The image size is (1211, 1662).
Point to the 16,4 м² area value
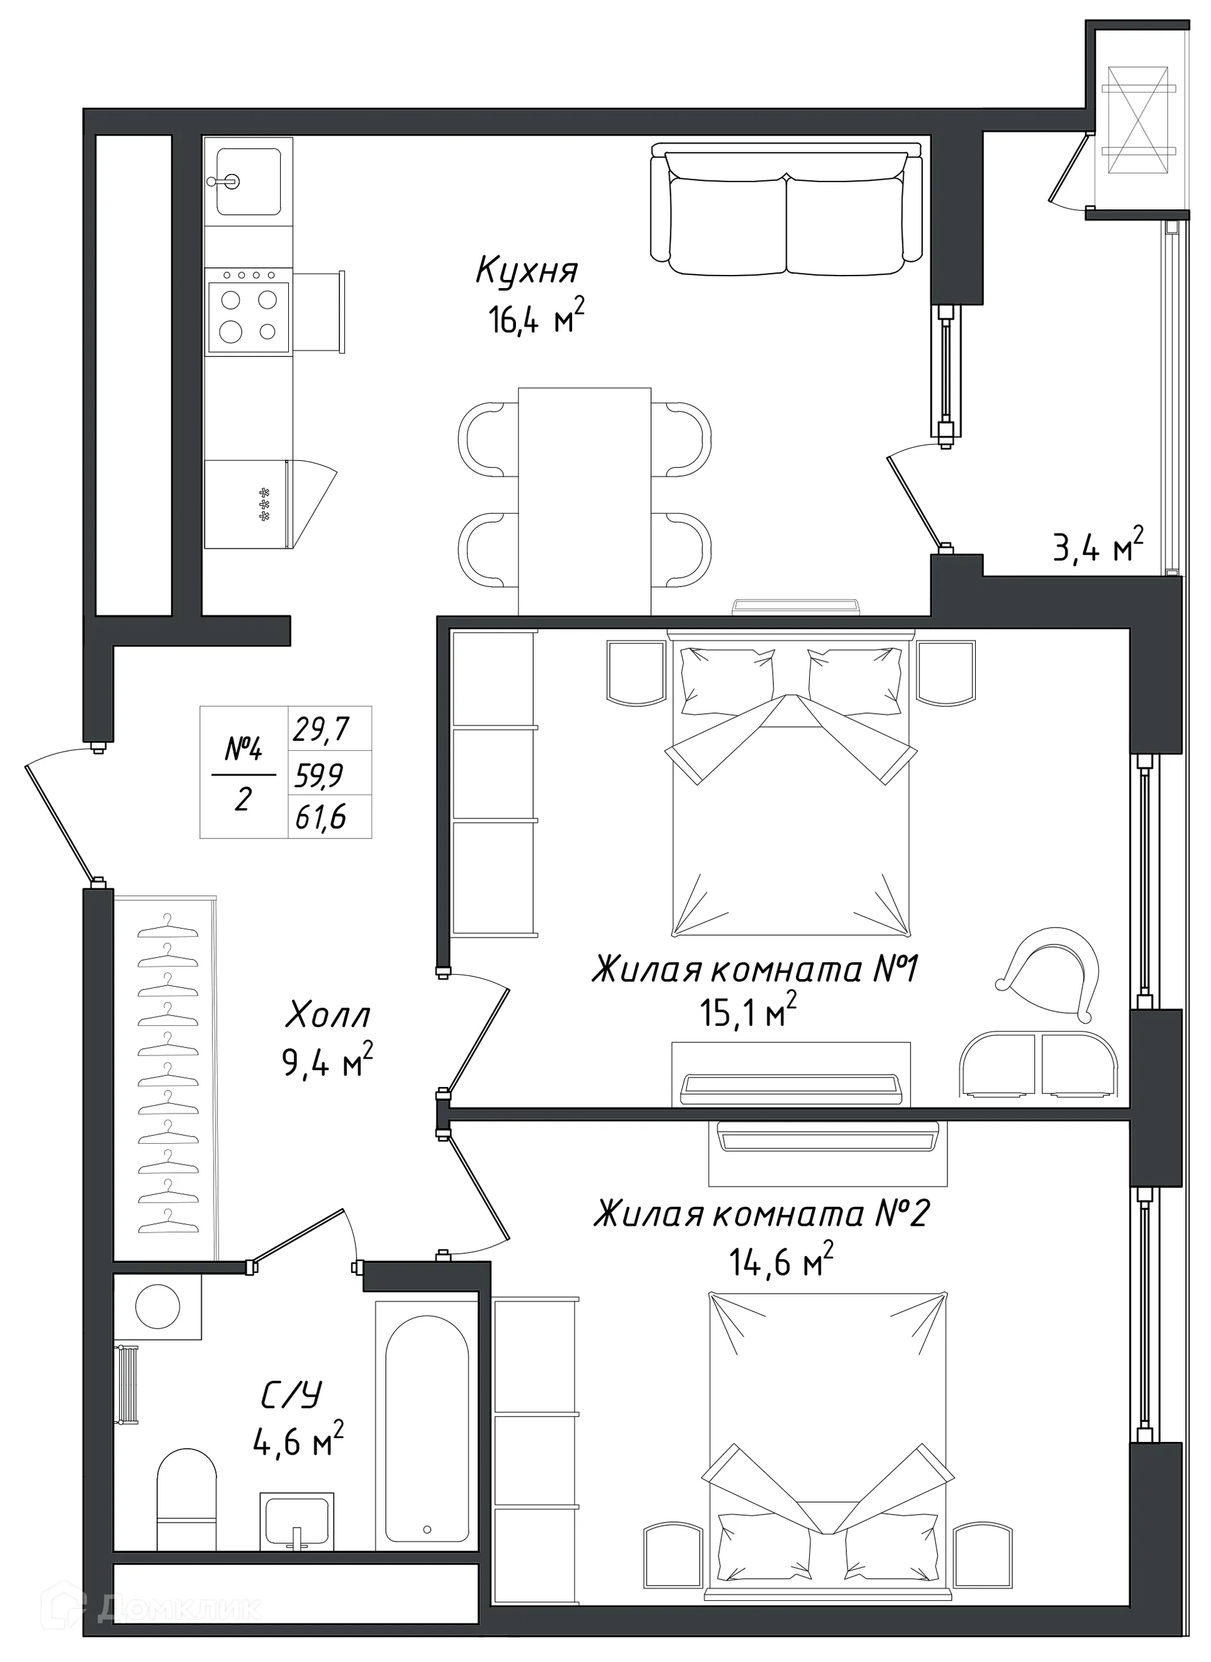(537, 319)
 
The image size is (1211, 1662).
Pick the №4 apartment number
(243, 750)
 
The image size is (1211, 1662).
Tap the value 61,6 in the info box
(320, 817)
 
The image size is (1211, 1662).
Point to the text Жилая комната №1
(754, 970)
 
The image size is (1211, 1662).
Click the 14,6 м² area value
(781, 1262)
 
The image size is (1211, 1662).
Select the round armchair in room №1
(1051, 976)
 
